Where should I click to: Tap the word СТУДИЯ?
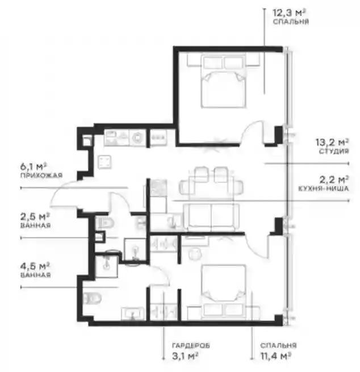pyautogui.click(x=334, y=151)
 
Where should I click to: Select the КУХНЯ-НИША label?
pyautogui.click(x=324, y=189)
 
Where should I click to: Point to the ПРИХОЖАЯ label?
pyautogui.click(x=41, y=175)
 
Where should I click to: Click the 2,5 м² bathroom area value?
pyautogui.click(x=35, y=216)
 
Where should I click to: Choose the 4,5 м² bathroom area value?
pyautogui.click(x=35, y=266)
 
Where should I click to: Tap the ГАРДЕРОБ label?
pyautogui.click(x=191, y=345)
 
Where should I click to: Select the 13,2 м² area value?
pyautogui.click(x=332, y=142)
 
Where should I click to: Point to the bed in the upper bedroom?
pyautogui.click(x=223, y=81)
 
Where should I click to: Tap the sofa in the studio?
pyautogui.click(x=211, y=217)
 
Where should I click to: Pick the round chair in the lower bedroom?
pyautogui.click(x=196, y=254)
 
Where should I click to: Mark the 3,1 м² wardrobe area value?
pyautogui.click(x=185, y=356)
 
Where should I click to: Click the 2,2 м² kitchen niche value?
pyautogui.click(x=334, y=180)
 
